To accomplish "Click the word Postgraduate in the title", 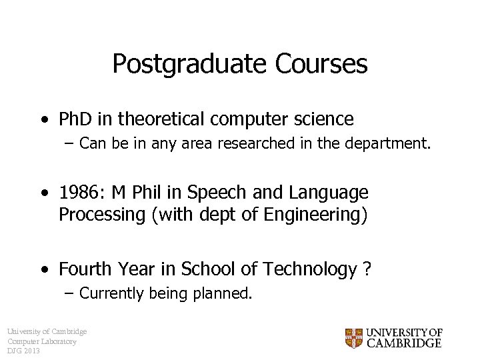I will [x=189, y=64].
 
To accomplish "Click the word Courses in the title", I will [x=320, y=64].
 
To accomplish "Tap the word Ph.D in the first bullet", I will [x=75, y=119].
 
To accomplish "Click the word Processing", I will [x=93, y=215].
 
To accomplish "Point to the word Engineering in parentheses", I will [x=320, y=215].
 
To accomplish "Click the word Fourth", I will [x=85, y=269].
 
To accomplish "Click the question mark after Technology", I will [x=367, y=269].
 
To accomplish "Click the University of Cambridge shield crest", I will [x=353, y=338].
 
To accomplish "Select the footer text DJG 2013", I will [x=24, y=351].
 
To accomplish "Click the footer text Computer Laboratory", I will [x=42, y=341].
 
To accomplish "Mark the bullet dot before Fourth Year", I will [x=43, y=270].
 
